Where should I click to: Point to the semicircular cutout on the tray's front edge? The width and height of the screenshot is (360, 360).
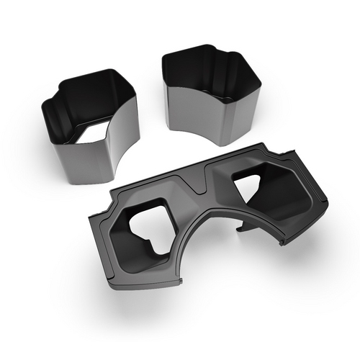(x=216, y=238)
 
